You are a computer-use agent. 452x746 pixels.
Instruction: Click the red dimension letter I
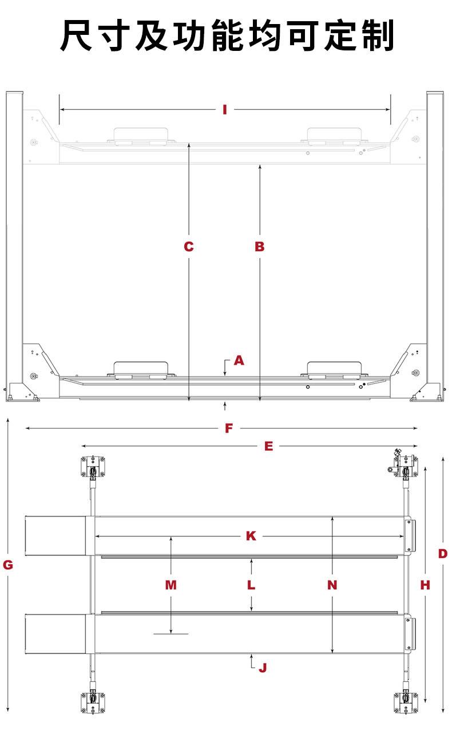(x=225, y=109)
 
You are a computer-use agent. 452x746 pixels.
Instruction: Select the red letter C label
(x=189, y=247)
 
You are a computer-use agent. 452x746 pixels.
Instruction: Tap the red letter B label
(x=260, y=247)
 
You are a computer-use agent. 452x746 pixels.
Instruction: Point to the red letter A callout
(x=239, y=360)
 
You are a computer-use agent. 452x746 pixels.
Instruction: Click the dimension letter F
(x=229, y=428)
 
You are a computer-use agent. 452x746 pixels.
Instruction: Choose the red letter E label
(x=268, y=446)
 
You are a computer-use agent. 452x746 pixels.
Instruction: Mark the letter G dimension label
(x=8, y=565)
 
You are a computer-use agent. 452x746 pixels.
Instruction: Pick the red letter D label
(x=443, y=554)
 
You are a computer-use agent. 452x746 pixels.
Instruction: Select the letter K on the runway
(x=251, y=536)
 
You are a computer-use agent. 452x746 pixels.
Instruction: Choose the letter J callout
(x=263, y=668)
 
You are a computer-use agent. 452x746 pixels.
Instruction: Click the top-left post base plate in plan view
(x=93, y=467)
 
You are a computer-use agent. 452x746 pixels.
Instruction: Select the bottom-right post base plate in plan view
(x=406, y=703)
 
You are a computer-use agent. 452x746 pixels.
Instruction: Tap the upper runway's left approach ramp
(x=55, y=536)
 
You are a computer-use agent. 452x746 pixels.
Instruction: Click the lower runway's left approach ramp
(x=55, y=634)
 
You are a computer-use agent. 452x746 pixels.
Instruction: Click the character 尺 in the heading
(x=76, y=35)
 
